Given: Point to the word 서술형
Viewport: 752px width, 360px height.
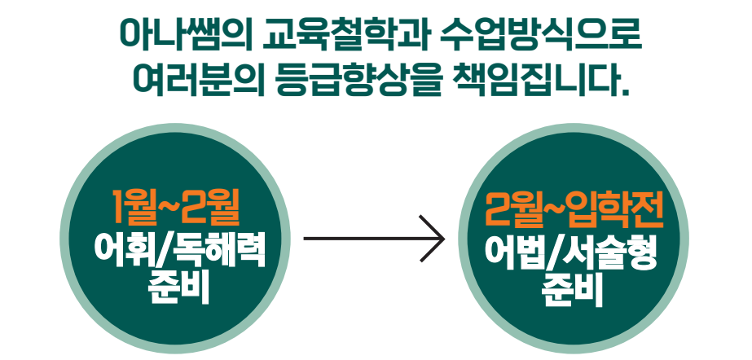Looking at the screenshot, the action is point(610,252).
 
